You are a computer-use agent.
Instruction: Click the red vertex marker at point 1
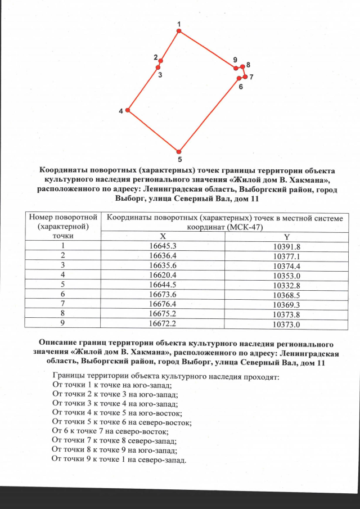tap(179, 31)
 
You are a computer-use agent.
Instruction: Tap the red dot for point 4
tap(128, 111)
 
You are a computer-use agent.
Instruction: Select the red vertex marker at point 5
tap(179, 151)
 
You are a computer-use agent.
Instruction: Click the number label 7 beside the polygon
tap(251, 76)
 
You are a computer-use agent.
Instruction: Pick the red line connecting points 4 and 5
tap(153, 131)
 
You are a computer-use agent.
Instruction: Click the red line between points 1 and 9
tap(207, 49)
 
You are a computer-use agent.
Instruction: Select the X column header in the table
tap(162, 237)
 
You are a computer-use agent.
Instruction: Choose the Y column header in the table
tap(287, 237)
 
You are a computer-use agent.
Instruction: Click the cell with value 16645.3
tap(162, 246)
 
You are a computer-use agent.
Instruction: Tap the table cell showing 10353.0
tap(287, 275)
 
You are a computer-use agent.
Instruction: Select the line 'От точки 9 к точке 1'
tap(118, 460)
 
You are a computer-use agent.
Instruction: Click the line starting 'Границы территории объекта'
tap(165, 376)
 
